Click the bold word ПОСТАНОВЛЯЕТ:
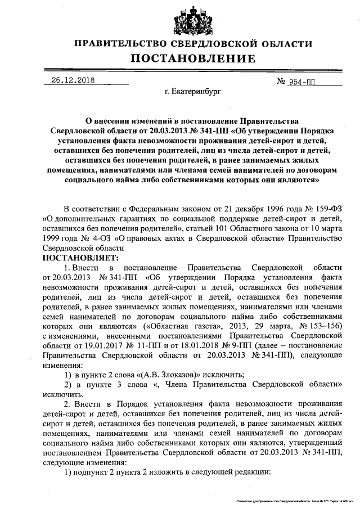pos(78,258)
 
